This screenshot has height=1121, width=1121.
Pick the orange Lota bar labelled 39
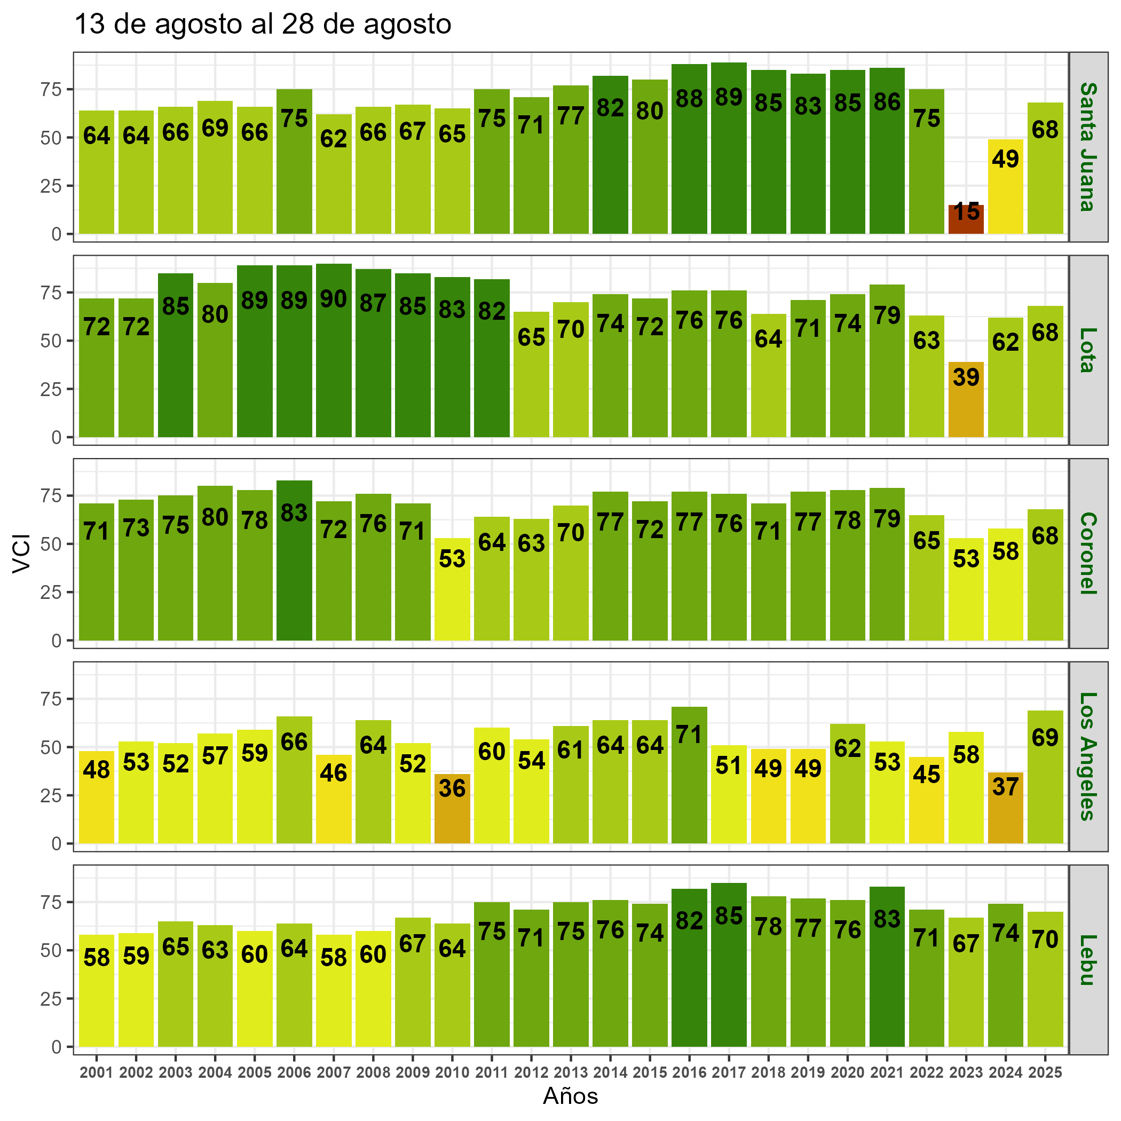pyautogui.click(x=966, y=400)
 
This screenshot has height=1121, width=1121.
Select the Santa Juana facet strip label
pyautogui.click(x=1088, y=147)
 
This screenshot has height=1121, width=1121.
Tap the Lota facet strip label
pyautogui.click(x=1088, y=350)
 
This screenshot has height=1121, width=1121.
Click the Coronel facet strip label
pyautogui.click(x=1088, y=554)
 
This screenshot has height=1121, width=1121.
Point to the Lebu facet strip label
pyautogui.click(x=1088, y=960)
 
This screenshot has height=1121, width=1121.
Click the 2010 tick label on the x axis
pyautogui.click(x=452, y=1073)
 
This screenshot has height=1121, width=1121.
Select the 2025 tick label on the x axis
pyautogui.click(x=1045, y=1073)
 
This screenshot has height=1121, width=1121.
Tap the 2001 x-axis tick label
pyautogui.click(x=96, y=1073)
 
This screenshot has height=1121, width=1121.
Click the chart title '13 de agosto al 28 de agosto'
pyautogui.click(x=263, y=25)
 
